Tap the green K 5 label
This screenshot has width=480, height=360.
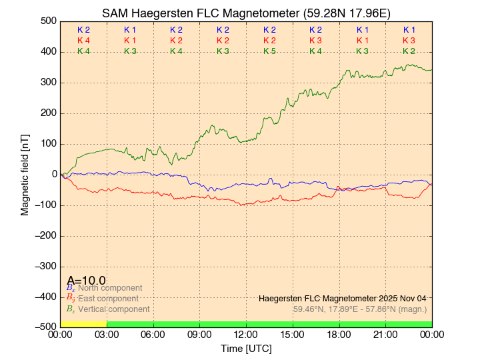click(269, 51)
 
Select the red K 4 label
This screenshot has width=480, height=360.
click(83, 41)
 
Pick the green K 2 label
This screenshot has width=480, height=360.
click(409, 51)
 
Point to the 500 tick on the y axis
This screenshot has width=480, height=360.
click(48, 21)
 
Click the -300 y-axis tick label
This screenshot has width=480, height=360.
click(45, 266)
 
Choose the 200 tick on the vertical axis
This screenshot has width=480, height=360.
click(48, 113)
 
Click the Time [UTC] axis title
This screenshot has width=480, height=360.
click(246, 349)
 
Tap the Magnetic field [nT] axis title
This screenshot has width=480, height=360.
click(25, 174)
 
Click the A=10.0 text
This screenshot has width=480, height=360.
click(86, 281)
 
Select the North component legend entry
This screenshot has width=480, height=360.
click(105, 288)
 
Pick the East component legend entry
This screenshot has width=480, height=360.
click(107, 299)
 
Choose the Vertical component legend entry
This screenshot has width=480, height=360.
click(113, 309)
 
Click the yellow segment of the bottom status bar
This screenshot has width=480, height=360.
click(83, 324)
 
